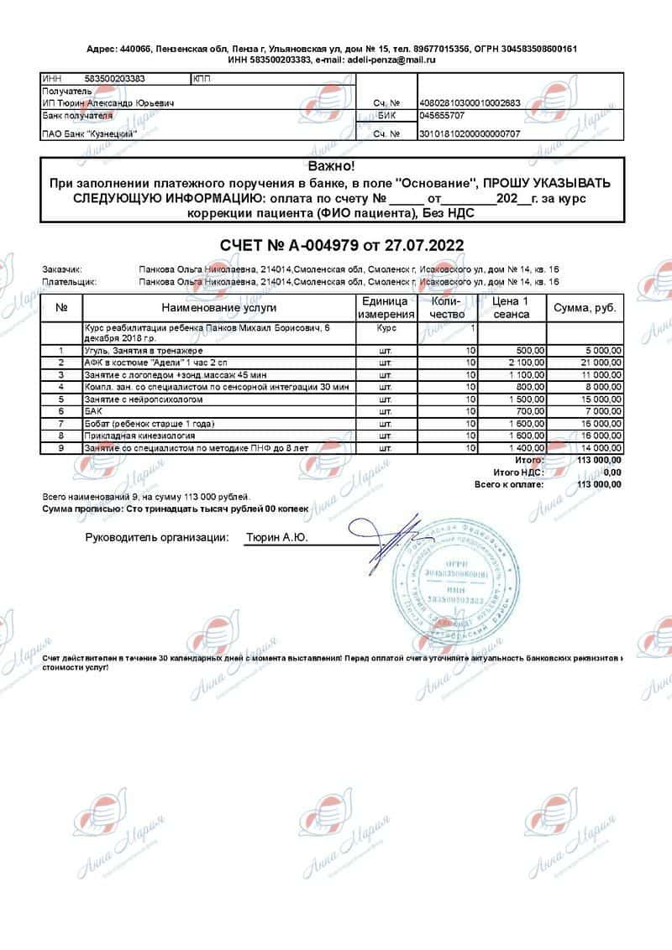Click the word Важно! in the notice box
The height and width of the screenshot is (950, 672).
pos(332,167)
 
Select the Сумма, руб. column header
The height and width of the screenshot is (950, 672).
pos(585,307)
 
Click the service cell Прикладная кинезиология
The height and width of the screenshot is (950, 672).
pos(139,436)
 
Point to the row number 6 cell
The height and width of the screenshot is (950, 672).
pos(61,412)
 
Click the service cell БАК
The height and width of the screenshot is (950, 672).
pos(92,412)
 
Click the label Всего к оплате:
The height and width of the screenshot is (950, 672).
pos(508,484)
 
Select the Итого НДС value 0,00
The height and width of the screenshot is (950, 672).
pos(612,472)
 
